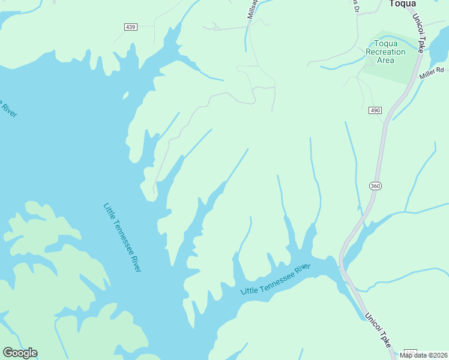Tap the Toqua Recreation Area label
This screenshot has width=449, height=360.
(385, 52)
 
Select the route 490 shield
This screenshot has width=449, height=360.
(375, 111)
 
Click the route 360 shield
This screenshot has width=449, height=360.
(375, 186)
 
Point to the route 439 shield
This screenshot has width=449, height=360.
(131, 26)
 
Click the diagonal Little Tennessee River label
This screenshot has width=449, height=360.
(122, 238)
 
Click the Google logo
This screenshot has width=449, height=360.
(20, 353)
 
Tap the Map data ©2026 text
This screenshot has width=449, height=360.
(423, 355)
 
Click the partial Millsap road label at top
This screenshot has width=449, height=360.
(252, 8)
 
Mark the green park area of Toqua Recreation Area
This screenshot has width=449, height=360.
(390, 69)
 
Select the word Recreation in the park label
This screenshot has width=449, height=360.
(385, 52)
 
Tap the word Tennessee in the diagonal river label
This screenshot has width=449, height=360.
(123, 240)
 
